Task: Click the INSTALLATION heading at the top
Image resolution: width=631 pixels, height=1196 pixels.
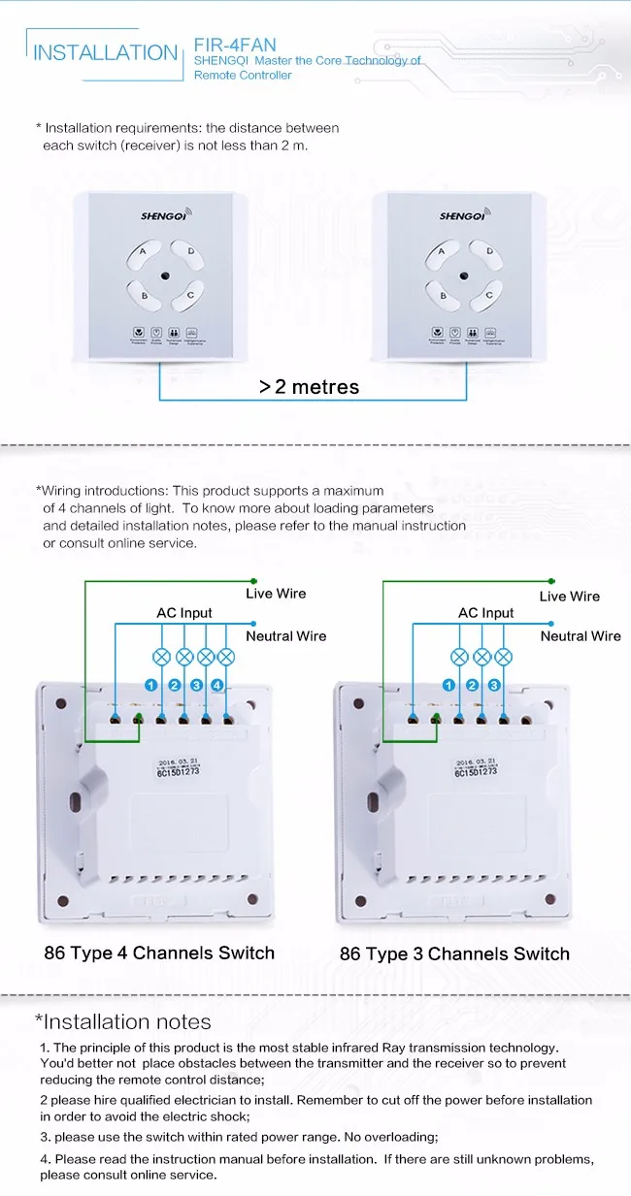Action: click(x=105, y=52)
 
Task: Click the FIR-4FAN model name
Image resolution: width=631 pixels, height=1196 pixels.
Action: click(x=235, y=45)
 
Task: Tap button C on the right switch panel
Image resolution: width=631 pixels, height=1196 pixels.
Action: click(x=488, y=295)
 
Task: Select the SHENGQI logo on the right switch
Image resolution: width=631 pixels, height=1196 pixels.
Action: click(x=462, y=216)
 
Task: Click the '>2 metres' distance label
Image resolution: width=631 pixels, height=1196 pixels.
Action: click(x=309, y=387)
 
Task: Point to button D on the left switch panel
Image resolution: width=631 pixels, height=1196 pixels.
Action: click(x=190, y=252)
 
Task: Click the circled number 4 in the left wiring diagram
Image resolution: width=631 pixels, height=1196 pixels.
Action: click(x=218, y=685)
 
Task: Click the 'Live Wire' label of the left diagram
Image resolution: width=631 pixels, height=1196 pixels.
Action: click(x=276, y=594)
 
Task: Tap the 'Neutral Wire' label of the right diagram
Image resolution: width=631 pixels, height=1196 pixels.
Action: click(x=581, y=636)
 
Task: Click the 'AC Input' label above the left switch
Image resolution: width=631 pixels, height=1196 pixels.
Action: click(x=184, y=613)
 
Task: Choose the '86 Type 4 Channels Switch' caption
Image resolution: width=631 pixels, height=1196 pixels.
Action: click(x=159, y=953)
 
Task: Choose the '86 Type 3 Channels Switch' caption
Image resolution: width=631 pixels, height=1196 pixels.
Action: click(x=454, y=954)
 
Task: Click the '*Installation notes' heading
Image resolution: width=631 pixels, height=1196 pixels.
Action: click(x=123, y=1021)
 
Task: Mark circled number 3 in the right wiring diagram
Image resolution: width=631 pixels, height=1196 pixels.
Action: click(x=494, y=685)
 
